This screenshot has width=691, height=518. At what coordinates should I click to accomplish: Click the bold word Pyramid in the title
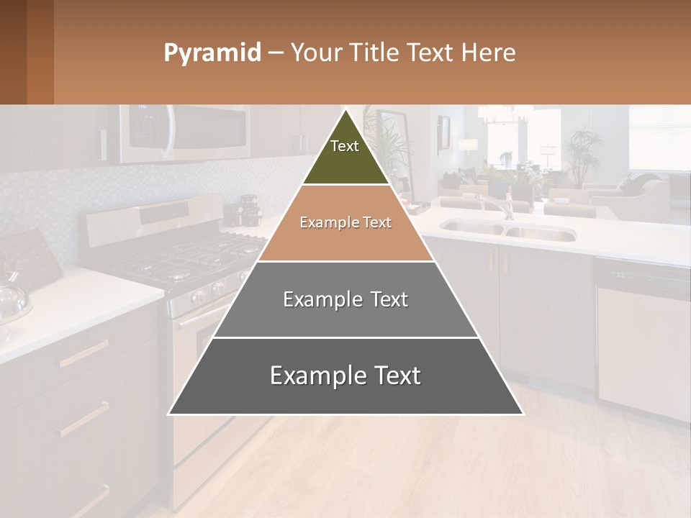212,53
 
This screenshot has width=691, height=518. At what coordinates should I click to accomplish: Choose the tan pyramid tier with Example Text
345,223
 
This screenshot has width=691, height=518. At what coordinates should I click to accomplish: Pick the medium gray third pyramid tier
345,299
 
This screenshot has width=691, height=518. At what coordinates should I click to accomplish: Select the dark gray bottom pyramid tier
345,376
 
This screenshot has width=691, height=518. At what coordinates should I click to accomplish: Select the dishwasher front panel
643,345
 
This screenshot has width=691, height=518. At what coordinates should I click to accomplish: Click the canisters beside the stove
245,210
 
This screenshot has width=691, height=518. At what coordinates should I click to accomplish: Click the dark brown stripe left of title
13,52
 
